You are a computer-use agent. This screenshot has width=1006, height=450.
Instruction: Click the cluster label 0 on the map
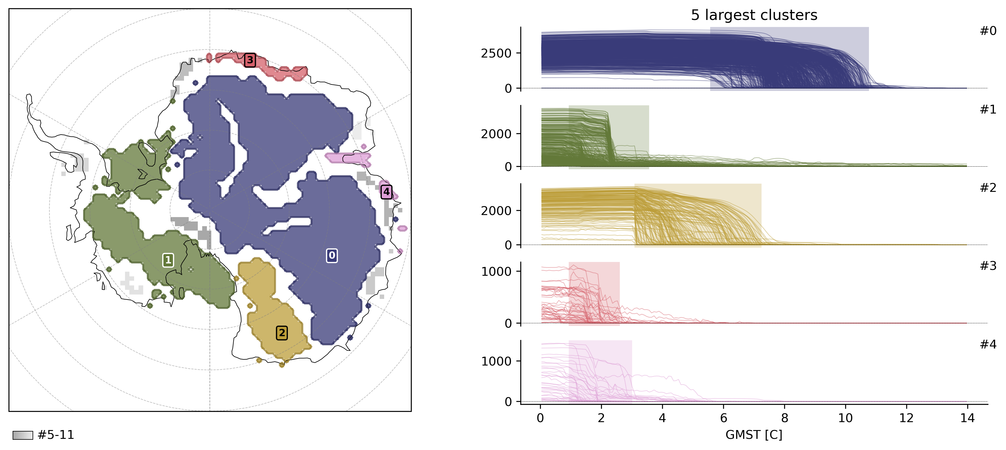click(332, 256)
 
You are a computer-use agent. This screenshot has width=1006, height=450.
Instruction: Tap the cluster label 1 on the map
click(168, 260)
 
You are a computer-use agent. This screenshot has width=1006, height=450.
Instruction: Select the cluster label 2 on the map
click(281, 333)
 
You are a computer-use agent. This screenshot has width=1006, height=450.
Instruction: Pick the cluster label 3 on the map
click(250, 60)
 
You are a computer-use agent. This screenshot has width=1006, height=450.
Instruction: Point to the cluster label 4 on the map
click(386, 192)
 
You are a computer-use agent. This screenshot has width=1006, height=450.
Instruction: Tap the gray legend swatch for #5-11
click(23, 435)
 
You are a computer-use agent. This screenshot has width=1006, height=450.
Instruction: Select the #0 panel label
click(988, 31)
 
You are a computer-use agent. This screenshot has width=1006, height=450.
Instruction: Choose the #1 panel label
click(988, 110)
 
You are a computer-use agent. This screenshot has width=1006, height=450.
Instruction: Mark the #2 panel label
click(988, 188)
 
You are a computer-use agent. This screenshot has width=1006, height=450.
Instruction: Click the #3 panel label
click(988, 266)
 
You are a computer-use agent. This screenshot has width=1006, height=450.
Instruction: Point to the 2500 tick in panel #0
click(496, 53)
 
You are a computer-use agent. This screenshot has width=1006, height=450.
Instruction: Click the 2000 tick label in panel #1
click(496, 134)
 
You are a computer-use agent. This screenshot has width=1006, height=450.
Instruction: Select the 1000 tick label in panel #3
click(496, 272)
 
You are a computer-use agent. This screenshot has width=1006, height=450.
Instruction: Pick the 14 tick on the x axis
click(967, 418)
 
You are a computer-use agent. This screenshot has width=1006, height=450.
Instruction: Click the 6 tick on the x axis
click(723, 418)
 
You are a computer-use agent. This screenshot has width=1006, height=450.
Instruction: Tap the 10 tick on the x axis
click(845, 418)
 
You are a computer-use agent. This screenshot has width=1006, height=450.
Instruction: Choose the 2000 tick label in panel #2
click(496, 211)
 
